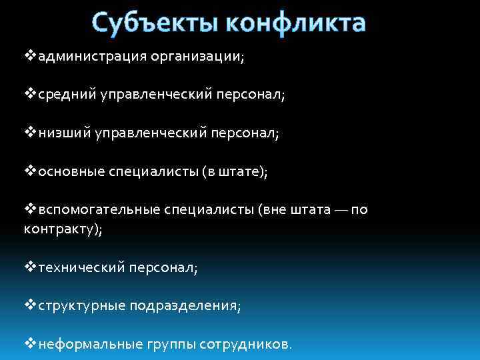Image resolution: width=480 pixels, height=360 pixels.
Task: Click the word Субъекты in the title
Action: tap(154, 22)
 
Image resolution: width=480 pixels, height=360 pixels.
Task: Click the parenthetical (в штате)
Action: tap(234, 172)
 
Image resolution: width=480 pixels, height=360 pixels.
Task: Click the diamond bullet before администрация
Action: tap(30, 57)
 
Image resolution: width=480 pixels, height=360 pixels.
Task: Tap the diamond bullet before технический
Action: tap(30, 267)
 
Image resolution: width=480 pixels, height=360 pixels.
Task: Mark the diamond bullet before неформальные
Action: tap(30, 344)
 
